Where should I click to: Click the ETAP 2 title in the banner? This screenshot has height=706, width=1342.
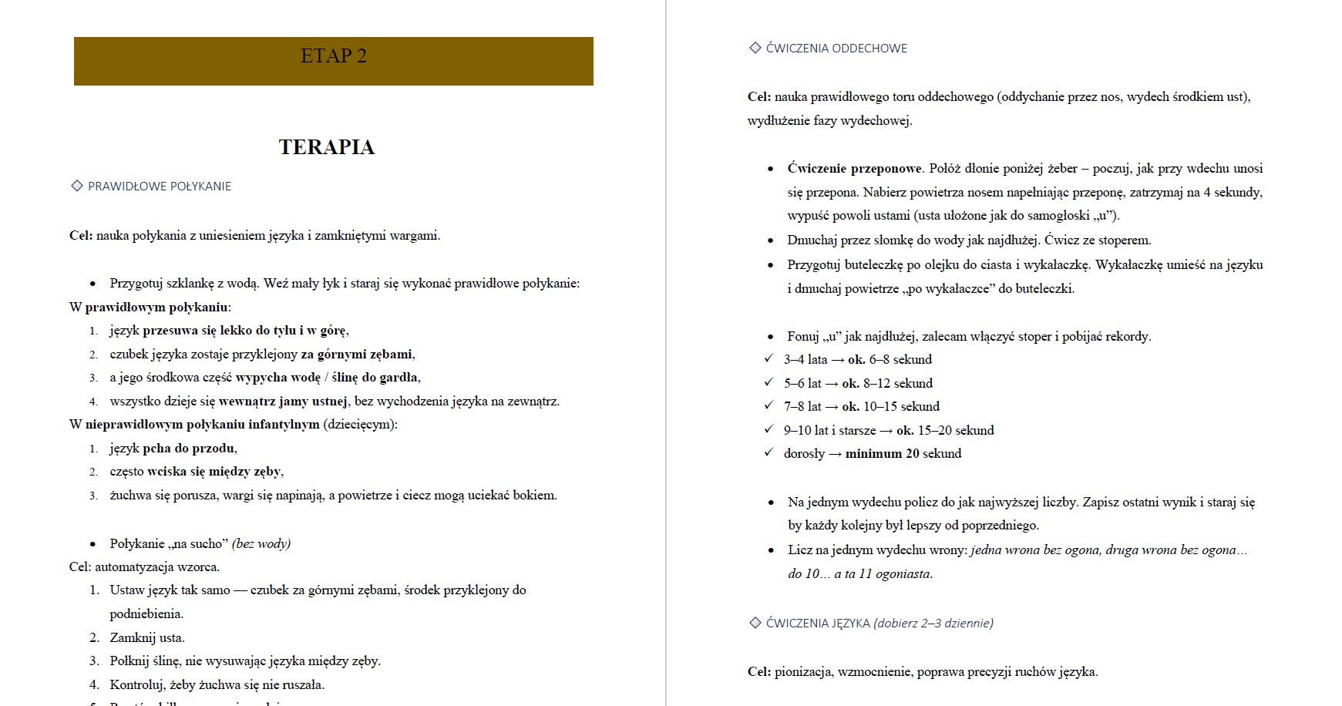[333, 56]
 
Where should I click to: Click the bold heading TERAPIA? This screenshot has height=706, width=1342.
[327, 147]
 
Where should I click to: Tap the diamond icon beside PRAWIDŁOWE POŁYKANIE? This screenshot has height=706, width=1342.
[77, 186]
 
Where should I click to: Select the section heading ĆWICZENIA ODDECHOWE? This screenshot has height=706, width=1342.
[836, 49]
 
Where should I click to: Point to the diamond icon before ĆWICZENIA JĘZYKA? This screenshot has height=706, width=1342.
[755, 623]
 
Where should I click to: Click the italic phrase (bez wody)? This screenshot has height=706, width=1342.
[261, 543]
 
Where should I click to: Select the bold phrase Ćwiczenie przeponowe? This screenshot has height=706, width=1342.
[854, 168]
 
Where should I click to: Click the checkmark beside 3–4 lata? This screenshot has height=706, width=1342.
[769, 358]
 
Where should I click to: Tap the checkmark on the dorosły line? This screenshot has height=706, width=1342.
[769, 452]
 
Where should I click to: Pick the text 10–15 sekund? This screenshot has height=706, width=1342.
[902, 406]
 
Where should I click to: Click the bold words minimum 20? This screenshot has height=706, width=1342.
[873, 453]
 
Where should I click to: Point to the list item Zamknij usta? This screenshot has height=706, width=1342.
[147, 637]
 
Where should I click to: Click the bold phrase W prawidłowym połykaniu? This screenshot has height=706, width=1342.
[150, 307]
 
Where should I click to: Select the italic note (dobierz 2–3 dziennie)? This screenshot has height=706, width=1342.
[933, 623]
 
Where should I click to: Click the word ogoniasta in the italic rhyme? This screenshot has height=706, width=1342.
[903, 573]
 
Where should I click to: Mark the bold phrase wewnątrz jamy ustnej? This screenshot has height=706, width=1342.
[283, 401]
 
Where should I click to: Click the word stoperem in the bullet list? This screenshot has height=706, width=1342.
[1125, 240]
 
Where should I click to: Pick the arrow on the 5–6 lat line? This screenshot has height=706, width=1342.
[832, 383]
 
